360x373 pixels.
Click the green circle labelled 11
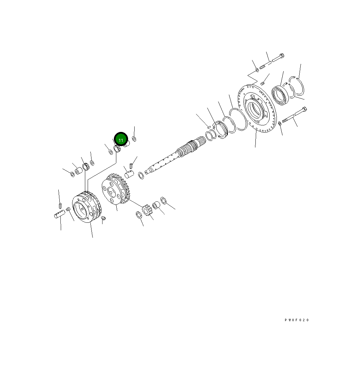[121, 140]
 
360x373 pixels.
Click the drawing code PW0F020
[296, 320]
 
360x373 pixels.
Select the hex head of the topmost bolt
[282, 56]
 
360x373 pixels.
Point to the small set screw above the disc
[262, 83]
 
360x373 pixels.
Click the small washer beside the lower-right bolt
[279, 124]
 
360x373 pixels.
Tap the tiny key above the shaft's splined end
[209, 127]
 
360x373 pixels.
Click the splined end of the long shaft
[193, 145]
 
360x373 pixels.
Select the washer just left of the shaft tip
[141, 175]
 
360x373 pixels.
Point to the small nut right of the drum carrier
[104, 218]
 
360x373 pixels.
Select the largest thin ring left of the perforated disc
[238, 119]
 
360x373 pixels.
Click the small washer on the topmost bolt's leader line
[257, 70]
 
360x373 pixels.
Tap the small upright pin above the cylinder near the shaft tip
[131, 164]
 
